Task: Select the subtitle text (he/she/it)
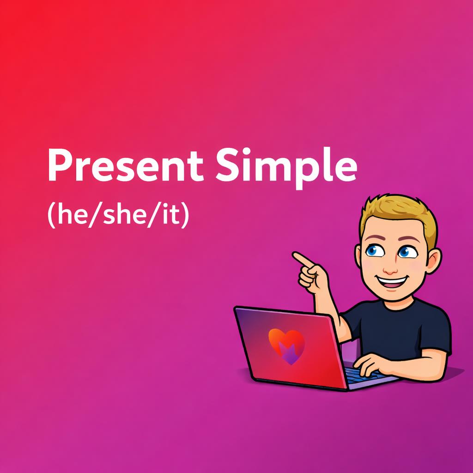tap(118, 216)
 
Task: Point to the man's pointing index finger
tap(301, 258)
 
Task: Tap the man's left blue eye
tap(372, 251)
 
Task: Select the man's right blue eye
tap(406, 252)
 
